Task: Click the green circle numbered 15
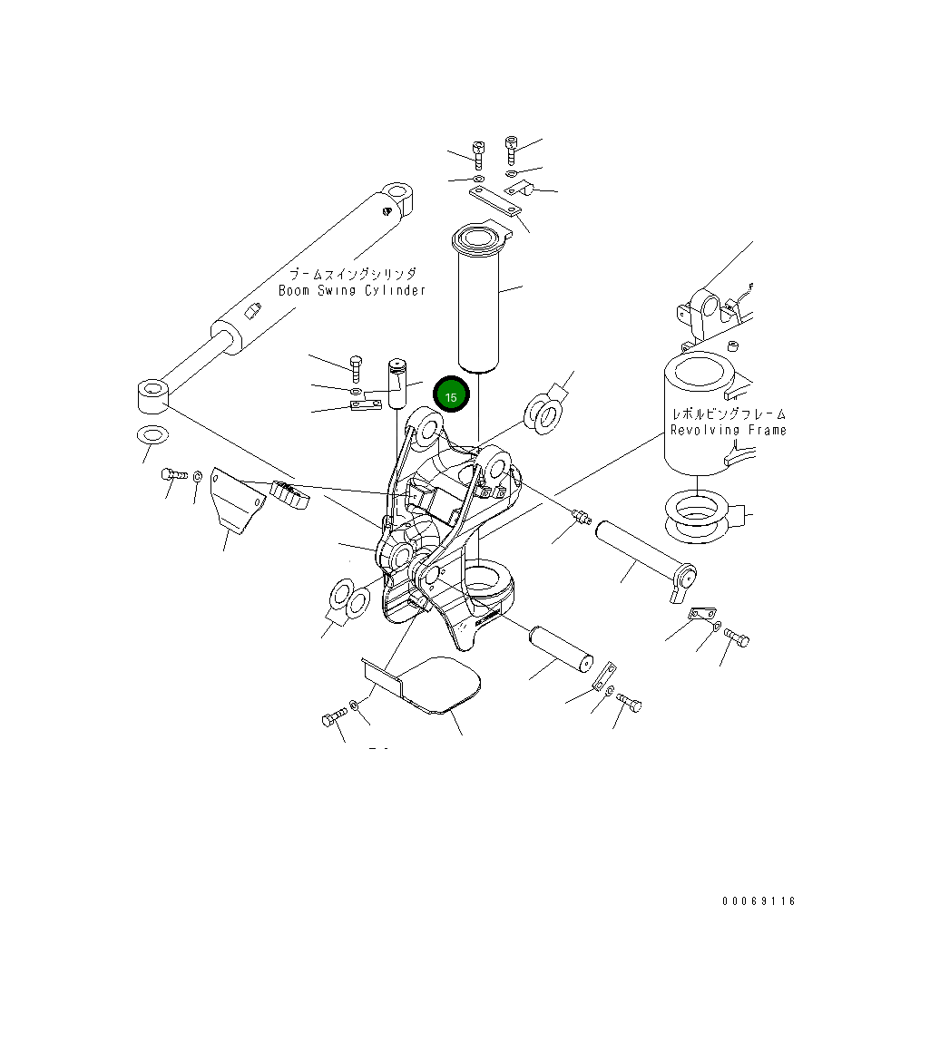(x=451, y=395)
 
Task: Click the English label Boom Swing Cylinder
(x=351, y=291)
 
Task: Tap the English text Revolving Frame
(x=728, y=430)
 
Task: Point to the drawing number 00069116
(x=759, y=901)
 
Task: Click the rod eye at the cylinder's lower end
(x=152, y=397)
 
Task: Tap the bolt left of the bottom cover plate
(x=332, y=718)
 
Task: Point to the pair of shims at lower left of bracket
(x=348, y=599)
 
